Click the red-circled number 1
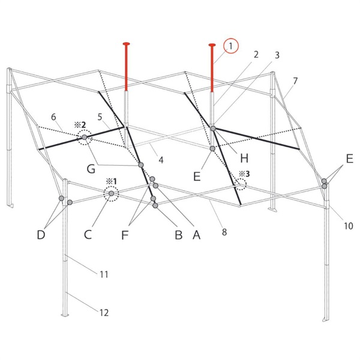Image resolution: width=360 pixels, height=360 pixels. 231,46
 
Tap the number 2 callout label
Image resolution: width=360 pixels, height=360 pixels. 256,55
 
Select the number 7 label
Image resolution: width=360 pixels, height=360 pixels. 295,81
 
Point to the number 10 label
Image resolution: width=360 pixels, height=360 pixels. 348,226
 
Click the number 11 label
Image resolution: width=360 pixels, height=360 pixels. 104,274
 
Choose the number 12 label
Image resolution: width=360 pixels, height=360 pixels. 104,313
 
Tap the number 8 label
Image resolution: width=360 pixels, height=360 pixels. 224,232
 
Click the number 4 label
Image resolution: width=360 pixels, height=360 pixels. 161,160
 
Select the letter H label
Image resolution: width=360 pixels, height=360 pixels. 244,158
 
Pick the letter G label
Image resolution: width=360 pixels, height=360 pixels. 91,169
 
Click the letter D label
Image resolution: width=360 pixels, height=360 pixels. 41,235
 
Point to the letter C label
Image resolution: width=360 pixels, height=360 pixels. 88,235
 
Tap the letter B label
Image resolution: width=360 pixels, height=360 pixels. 179,235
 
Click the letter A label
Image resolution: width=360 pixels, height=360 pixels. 197,235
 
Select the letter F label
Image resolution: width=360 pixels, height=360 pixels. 125,235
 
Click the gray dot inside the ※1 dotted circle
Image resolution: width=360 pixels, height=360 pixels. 112,194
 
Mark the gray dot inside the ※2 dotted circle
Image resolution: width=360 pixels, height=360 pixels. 85,137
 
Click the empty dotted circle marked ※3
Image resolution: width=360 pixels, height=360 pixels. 241,184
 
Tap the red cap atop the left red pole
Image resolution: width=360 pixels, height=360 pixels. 126,44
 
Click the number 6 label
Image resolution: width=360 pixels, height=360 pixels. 53,117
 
